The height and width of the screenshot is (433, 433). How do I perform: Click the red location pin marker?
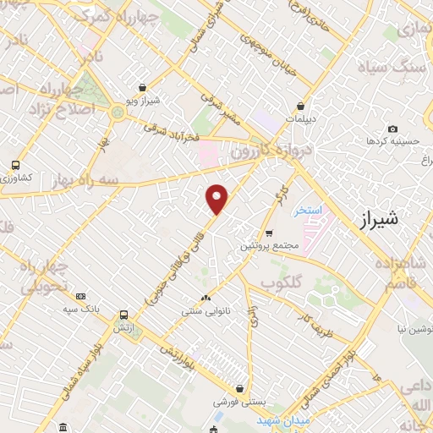[217, 199]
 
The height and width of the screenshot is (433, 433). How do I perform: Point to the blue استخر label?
[308, 210]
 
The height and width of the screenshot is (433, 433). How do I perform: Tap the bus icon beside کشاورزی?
[15, 166]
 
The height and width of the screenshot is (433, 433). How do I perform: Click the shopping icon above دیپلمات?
[302, 107]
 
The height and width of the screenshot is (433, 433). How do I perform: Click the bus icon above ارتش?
[123, 314]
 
